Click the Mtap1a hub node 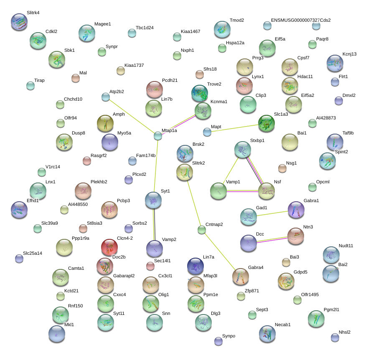(x=157, y=135)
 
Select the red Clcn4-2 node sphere (x=109, y=248)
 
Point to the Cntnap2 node (x=202, y=229)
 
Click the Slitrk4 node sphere (x=19, y=22)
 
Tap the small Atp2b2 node (x=106, y=97)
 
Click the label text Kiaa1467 (x=190, y=31)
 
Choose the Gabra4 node (x=240, y=276)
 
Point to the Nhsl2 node (x=335, y=337)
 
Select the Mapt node (x=207, y=132)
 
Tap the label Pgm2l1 (x=332, y=310)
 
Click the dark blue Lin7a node (x=195, y=266)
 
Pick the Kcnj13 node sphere (x=335, y=63)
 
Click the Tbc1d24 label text (x=145, y=28)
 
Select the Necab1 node (x=267, y=333)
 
